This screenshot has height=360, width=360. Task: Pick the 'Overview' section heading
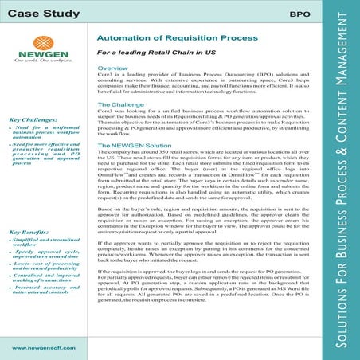coord(112,71)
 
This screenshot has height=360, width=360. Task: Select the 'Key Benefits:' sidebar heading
coord(29,231)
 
